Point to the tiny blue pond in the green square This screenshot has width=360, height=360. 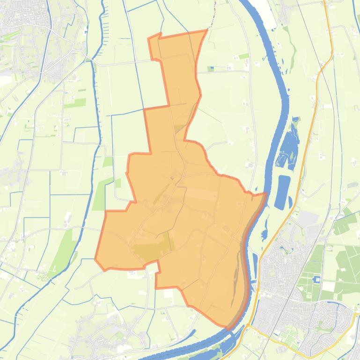click(211, 69)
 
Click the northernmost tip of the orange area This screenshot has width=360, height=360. click(206, 30)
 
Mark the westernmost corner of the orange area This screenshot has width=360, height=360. click(96, 259)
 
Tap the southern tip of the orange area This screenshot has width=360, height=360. click(228, 328)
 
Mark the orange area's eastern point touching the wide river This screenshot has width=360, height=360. click(266, 194)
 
